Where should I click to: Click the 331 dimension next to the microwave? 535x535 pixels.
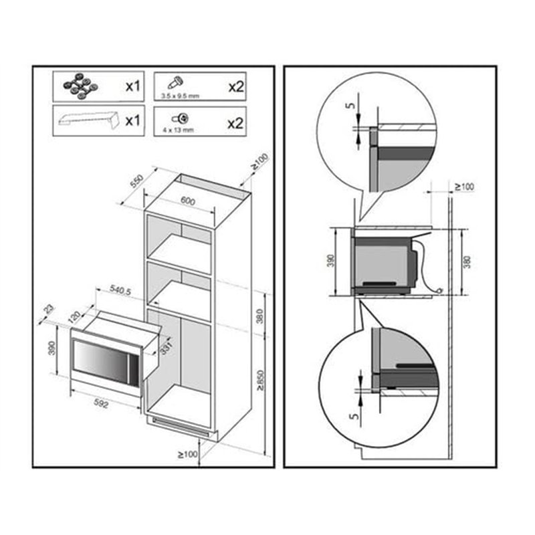(x=165, y=348)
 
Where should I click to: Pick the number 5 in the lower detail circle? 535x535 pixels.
(x=355, y=417)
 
